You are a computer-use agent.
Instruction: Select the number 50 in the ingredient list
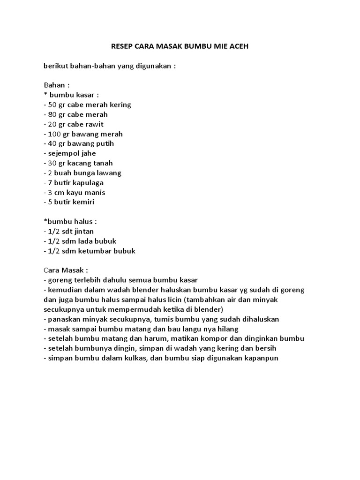pyautogui.click(x=52, y=105)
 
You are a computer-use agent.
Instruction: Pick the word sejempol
pyautogui.click(x=63, y=153)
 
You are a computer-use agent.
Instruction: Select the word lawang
pyautogui.click(x=109, y=173)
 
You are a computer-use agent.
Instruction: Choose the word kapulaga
pyautogui.click(x=87, y=183)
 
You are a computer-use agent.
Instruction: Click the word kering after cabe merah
pyautogui.click(x=120, y=105)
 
